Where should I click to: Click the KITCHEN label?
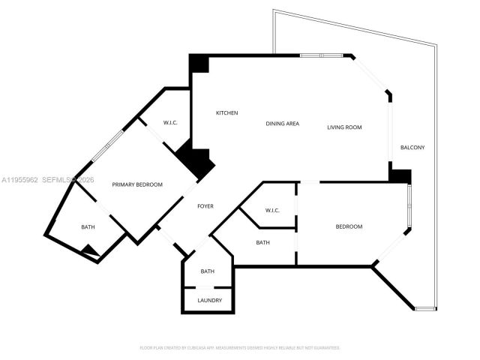(227, 113)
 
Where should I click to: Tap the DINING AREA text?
(283, 124)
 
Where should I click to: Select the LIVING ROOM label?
(344, 127)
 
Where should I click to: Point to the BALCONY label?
(412, 148)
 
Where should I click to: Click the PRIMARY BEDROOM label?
(137, 184)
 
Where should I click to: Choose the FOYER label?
(206, 206)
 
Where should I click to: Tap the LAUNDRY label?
(209, 301)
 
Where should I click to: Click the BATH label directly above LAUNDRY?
(208, 271)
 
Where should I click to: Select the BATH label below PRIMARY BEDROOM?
(88, 227)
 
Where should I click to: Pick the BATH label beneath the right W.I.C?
(262, 242)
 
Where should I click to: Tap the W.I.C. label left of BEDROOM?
(271, 211)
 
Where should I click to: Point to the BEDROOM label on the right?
(349, 226)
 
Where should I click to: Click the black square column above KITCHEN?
(199, 63)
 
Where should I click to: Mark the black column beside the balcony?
(400, 175)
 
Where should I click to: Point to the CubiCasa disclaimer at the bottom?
(240, 348)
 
